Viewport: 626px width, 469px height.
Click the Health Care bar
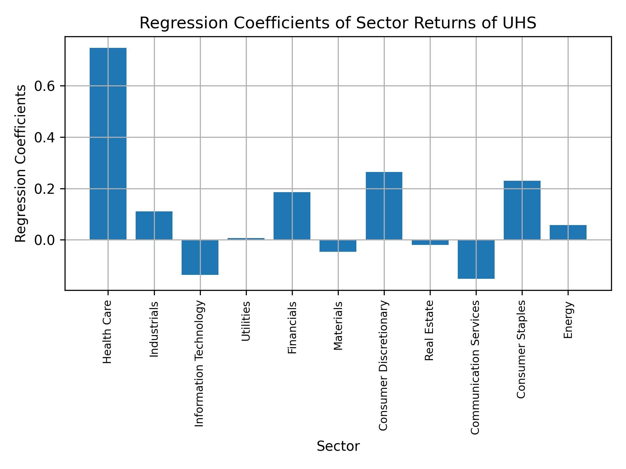click(x=108, y=144)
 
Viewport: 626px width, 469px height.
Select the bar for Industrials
click(x=154, y=225)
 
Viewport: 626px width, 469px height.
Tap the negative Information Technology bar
click(x=200, y=257)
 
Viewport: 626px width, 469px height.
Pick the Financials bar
click(x=292, y=216)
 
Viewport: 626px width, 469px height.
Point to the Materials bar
click(x=338, y=246)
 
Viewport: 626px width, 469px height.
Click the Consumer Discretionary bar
click(x=384, y=206)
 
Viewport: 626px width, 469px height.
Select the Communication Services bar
click(x=476, y=259)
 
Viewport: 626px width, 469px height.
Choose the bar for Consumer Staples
click(x=522, y=210)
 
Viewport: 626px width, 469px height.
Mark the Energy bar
click(x=568, y=232)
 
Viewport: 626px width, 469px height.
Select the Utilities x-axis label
click(x=246, y=321)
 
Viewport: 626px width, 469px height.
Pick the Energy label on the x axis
click(x=568, y=320)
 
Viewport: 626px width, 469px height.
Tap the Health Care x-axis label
click(x=108, y=332)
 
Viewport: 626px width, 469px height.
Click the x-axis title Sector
click(x=338, y=446)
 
